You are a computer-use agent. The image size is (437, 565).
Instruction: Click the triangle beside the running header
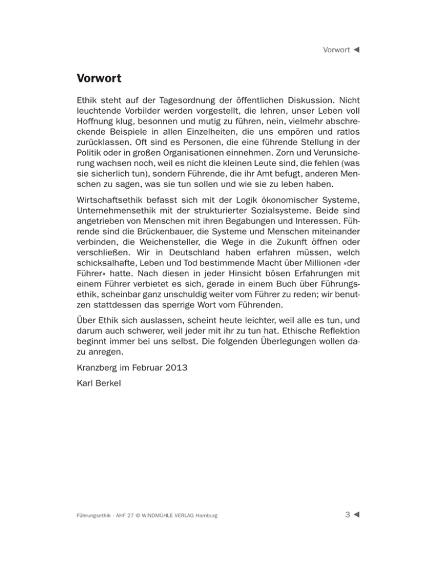(x=357, y=50)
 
